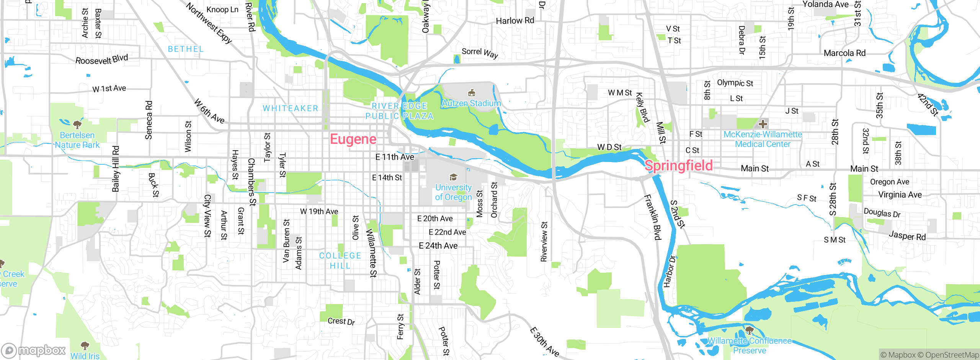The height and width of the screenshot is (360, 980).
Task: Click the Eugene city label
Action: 353,139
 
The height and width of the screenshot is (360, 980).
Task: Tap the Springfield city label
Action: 679,165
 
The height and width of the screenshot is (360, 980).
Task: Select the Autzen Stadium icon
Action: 472,93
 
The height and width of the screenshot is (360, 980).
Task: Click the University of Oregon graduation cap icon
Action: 453,177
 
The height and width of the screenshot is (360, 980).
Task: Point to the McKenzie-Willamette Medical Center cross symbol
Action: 763,124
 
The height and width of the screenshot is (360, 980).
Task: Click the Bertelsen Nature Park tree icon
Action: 77,124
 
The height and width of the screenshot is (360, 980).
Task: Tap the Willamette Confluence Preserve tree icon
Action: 750,330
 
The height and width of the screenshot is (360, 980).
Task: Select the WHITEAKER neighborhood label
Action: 290,108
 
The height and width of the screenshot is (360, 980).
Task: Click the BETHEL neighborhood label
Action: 186,49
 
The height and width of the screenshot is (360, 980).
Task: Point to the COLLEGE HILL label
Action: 340,260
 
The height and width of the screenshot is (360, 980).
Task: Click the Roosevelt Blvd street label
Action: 101,59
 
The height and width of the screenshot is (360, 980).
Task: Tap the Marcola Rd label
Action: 844,53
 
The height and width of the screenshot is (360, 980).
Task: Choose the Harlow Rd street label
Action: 515,21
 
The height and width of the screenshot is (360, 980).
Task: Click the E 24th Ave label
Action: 438,246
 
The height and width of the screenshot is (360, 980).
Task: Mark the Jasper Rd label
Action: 907,236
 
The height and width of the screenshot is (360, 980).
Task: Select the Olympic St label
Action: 735,83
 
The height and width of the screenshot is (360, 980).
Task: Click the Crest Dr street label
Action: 341,321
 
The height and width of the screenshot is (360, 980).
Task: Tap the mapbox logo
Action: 34,350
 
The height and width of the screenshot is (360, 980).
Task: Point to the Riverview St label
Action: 544,242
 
